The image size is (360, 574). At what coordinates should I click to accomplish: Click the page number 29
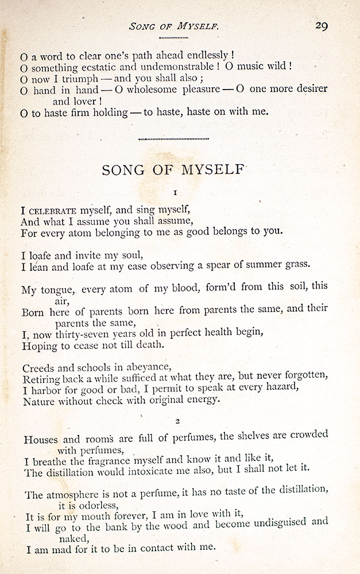pos(320,26)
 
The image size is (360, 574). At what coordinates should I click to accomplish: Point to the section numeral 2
pos(177,421)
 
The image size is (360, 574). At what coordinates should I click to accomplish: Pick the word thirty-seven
pos(88,334)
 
